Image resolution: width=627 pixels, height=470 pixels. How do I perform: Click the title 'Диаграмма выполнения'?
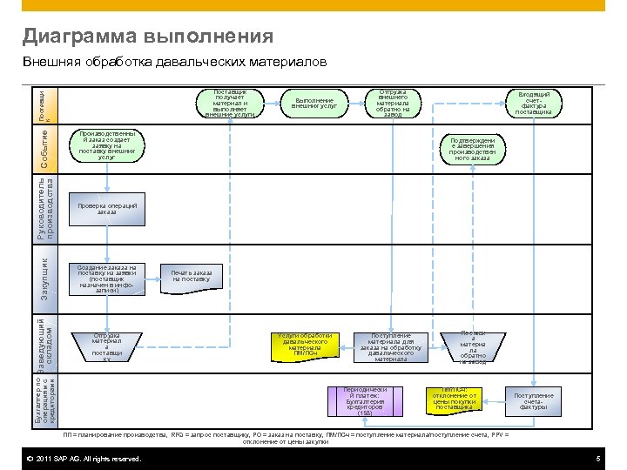pos(148,37)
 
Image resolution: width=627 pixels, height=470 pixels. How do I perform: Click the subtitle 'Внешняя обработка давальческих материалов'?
pos(174,63)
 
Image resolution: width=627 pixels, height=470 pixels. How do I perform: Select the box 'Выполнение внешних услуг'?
pos(314,103)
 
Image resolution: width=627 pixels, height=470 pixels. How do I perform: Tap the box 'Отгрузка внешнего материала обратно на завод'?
pos(393,103)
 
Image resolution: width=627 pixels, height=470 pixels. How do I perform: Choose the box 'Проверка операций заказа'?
pos(107,208)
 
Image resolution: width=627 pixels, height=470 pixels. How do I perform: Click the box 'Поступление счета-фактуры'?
pos(533,400)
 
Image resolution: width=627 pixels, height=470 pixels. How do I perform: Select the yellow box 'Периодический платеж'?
pos(365,400)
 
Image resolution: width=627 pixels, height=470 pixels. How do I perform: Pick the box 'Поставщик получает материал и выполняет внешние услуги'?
pos(231,102)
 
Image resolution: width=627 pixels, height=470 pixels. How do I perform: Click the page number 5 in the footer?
pos(598,459)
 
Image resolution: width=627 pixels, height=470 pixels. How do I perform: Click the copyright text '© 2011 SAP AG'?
pos(84,459)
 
